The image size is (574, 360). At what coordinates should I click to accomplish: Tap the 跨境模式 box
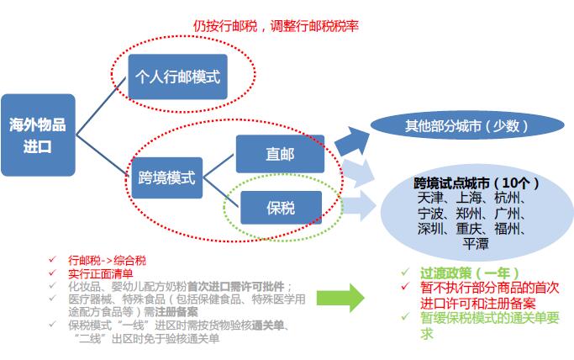166,177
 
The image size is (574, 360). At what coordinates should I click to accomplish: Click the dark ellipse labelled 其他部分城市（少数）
466,126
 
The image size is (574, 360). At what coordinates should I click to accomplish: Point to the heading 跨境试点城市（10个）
476,183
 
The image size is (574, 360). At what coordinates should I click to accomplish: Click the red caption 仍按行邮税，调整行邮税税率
275,25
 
